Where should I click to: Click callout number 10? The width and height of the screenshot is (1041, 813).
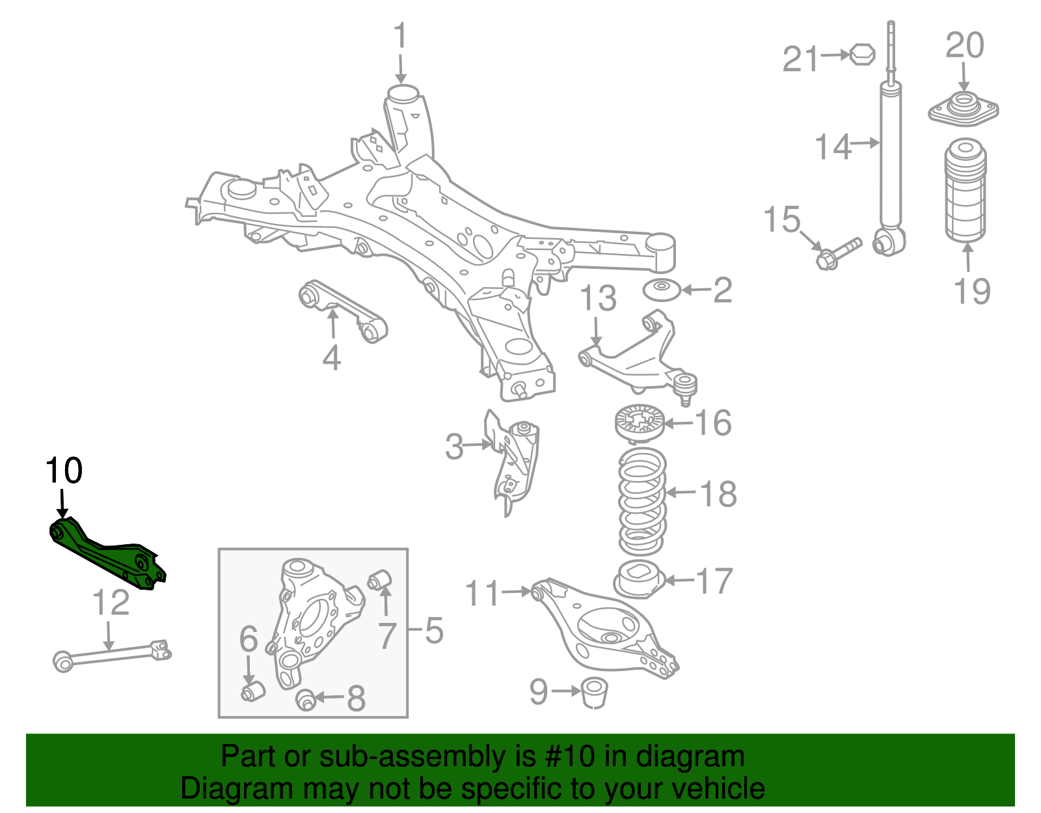pyautogui.click(x=64, y=471)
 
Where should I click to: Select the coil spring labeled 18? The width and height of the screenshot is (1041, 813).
pyautogui.click(x=642, y=501)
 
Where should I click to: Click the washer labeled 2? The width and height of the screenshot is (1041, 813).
pyautogui.click(x=662, y=289)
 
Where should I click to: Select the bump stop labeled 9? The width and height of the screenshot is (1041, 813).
pyautogui.click(x=593, y=691)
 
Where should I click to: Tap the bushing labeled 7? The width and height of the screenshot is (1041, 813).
pyautogui.click(x=379, y=579)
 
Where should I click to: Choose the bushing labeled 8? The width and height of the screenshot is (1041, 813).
pyautogui.click(x=306, y=700)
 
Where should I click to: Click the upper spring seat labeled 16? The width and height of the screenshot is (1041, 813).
pyautogui.click(x=639, y=423)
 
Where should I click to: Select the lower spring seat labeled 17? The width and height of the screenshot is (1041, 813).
pyautogui.click(x=639, y=579)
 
